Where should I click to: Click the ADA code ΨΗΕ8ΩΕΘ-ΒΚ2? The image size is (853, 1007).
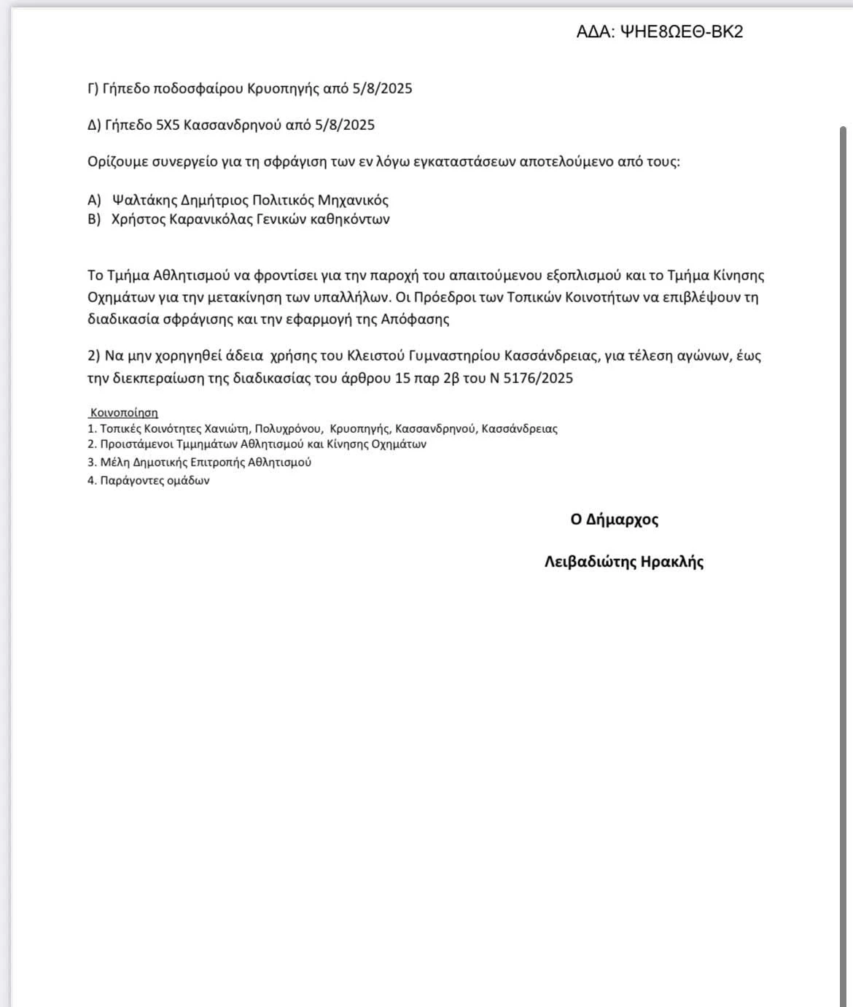click(x=681, y=32)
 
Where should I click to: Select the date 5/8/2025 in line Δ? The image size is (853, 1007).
click(x=346, y=125)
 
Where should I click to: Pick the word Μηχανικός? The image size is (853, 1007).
click(x=353, y=200)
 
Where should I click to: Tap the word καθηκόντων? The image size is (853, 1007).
click(x=354, y=219)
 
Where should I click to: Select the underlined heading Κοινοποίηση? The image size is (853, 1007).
click(x=124, y=413)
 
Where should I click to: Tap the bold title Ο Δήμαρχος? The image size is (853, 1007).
click(x=615, y=520)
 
